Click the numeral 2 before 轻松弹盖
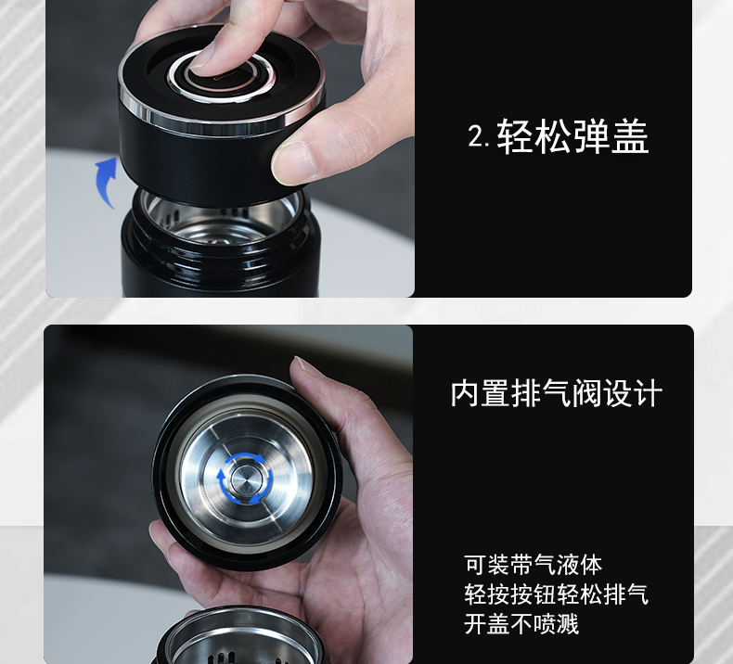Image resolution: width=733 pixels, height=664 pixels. (x=477, y=137)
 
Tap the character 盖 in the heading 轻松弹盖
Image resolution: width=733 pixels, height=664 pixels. (x=630, y=136)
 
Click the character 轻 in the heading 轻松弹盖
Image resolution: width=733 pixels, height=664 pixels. (x=515, y=136)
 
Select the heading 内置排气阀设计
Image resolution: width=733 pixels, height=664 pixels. (x=557, y=393)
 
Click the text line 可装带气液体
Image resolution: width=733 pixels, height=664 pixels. (x=534, y=565)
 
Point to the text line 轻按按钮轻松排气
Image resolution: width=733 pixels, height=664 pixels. (x=557, y=594)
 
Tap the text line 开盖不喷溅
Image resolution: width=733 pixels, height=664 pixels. (x=521, y=624)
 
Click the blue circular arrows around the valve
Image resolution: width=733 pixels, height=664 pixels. (x=245, y=479)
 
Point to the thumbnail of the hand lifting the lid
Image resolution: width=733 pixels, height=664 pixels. (x=290, y=162)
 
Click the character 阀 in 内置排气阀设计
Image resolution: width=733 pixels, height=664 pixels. (x=586, y=393)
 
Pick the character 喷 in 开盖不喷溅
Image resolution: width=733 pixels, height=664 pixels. (x=545, y=624)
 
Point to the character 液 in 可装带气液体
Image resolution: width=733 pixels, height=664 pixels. (x=568, y=565)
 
